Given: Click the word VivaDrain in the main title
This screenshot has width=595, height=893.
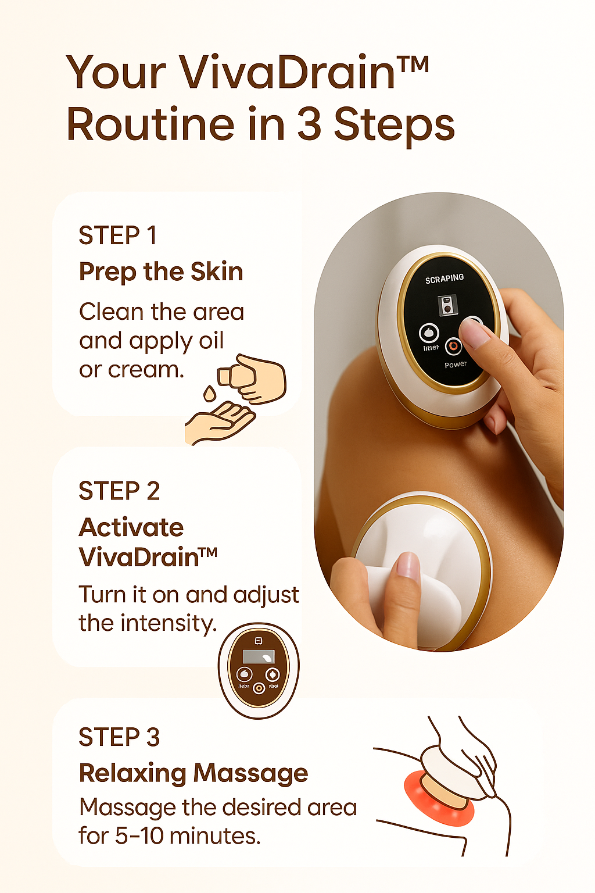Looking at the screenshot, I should coord(288,73).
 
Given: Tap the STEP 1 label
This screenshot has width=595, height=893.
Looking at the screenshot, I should coord(117,235).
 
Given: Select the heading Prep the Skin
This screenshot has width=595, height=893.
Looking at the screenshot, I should coord(161,272).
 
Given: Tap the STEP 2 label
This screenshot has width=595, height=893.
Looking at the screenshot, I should coord(119,491).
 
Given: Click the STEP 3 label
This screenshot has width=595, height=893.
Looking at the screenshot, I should coord(119,737).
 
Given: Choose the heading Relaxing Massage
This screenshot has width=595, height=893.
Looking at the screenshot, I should coord(193,773).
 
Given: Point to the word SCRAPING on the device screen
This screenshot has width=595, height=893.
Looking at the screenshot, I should coord(445,278).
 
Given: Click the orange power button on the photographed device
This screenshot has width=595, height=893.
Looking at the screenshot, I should coord(453,347).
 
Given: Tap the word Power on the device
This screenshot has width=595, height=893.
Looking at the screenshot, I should coord(456,365).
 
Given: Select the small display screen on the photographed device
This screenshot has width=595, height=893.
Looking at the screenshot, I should coord(447,305).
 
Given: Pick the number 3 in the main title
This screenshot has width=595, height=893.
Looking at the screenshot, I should coord(309,124).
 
